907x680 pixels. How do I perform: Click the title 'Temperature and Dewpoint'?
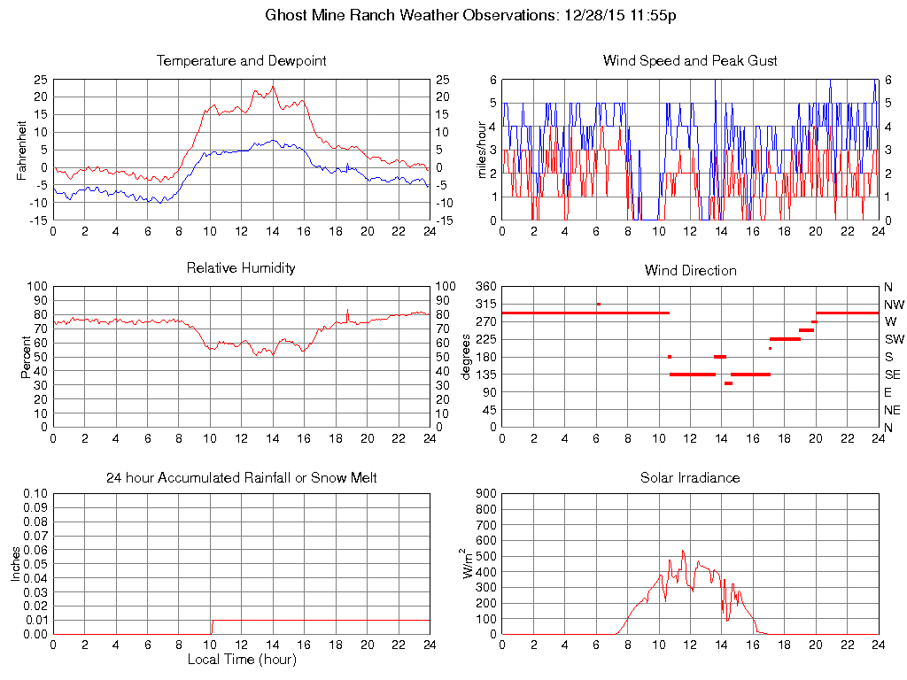(241, 61)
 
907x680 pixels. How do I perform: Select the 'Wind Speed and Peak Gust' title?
(690, 61)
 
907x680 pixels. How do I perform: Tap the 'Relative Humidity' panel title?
(241, 267)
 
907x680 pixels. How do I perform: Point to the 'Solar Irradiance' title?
(690, 478)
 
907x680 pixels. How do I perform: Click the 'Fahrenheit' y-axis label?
(21, 150)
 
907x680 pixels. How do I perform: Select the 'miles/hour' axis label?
(484, 150)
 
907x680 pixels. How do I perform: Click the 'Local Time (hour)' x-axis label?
(241, 660)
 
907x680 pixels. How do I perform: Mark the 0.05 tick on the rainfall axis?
(35, 564)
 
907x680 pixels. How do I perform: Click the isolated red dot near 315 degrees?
(599, 304)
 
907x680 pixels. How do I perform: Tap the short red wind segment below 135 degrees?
(728, 383)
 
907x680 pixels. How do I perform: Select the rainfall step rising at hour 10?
(211, 626)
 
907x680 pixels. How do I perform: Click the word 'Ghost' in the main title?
(283, 15)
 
